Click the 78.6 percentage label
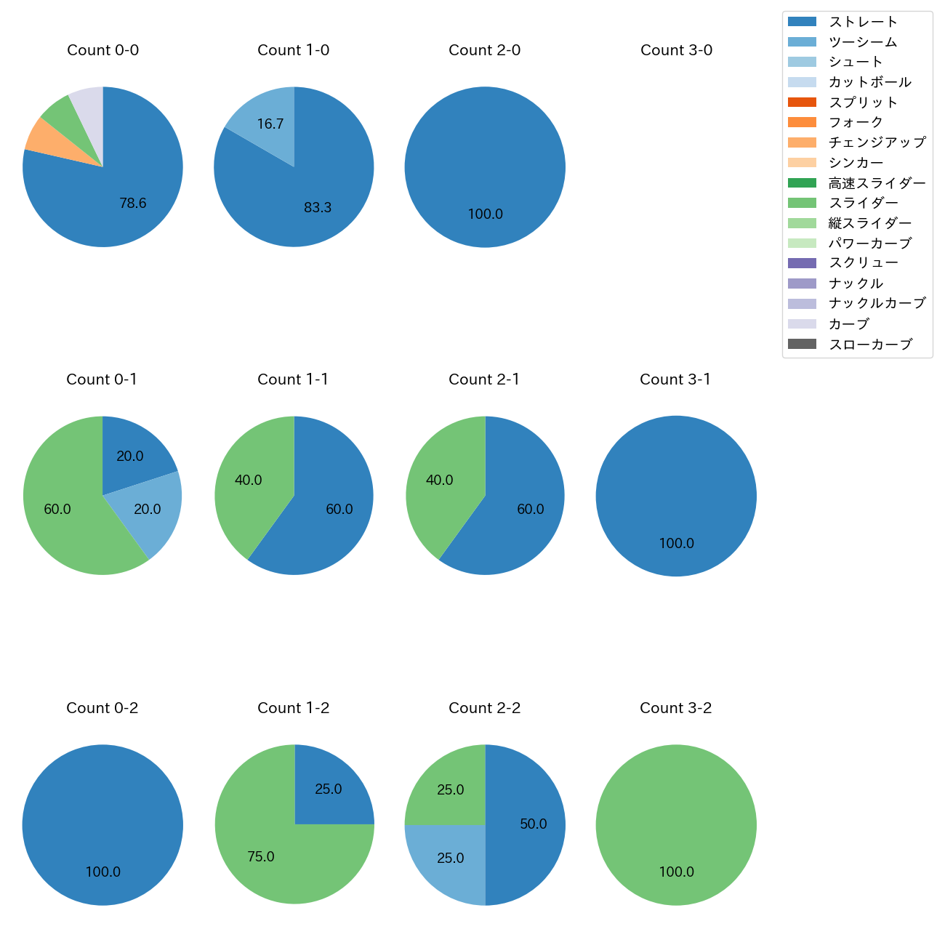[x=133, y=204]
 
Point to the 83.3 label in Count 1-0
[x=318, y=208]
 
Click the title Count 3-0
[x=676, y=50]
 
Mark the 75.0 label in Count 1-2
[x=261, y=857]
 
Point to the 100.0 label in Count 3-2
[x=676, y=872]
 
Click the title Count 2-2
[x=485, y=708]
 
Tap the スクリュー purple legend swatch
[x=802, y=263]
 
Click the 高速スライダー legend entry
[x=877, y=183]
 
